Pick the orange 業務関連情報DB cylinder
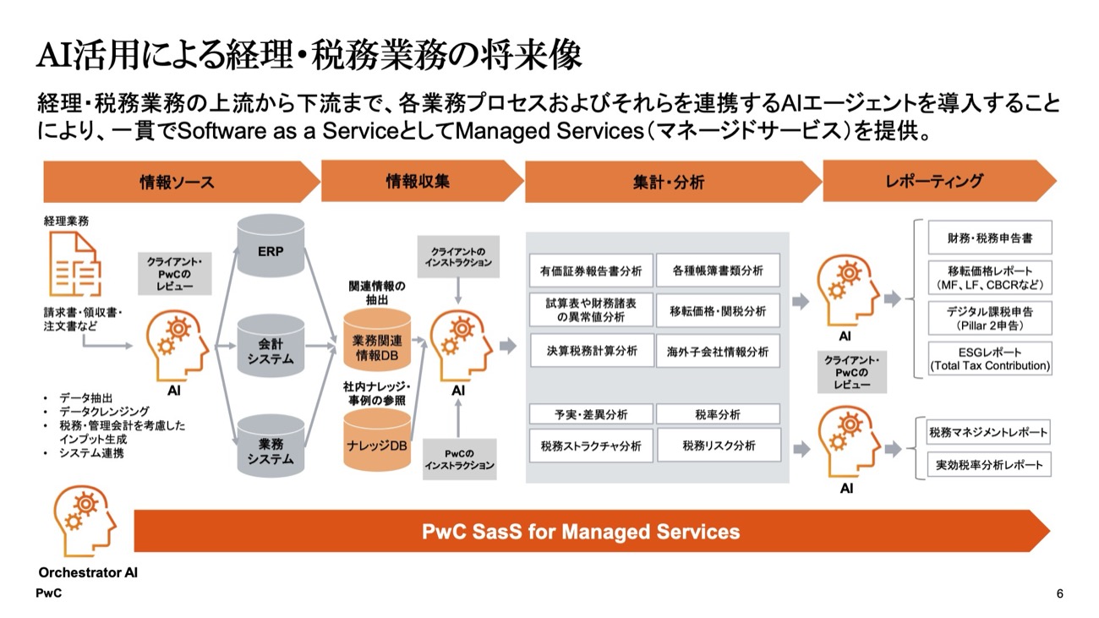point(377,342)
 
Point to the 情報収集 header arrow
point(418,181)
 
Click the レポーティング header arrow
point(935,181)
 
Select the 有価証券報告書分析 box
point(591,271)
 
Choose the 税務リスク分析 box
point(718,445)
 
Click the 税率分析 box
point(718,414)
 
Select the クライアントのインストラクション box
point(459,256)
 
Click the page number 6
point(1060,594)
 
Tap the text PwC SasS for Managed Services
point(581,532)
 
